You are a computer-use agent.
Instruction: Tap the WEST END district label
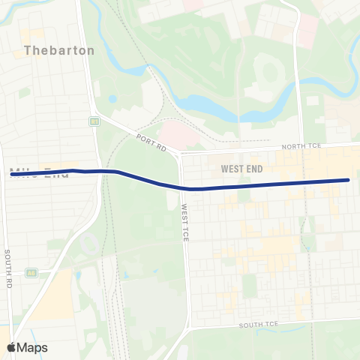(241, 169)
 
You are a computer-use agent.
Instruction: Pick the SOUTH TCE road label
(258, 325)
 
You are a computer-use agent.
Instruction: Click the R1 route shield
(94, 121)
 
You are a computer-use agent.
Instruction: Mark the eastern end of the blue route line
(349, 180)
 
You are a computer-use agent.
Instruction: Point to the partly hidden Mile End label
(40, 173)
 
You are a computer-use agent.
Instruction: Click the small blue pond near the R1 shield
(112, 98)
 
